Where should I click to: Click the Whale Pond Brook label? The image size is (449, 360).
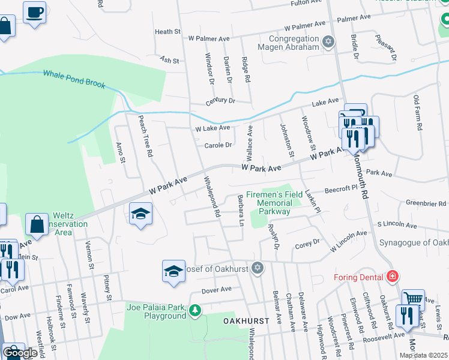[x=74, y=79]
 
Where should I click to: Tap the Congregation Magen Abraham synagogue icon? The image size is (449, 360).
[x=327, y=41]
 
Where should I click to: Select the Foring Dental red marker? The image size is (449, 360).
[x=392, y=277]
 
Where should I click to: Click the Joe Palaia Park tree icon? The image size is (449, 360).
[x=194, y=310]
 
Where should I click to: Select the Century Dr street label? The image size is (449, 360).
[x=220, y=101]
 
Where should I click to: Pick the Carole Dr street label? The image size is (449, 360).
[x=218, y=145]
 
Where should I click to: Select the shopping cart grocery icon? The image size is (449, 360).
[x=413, y=298]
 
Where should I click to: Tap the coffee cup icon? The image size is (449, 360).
[x=35, y=11]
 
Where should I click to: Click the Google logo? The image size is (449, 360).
[x=20, y=353]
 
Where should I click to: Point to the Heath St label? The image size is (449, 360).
[x=167, y=32]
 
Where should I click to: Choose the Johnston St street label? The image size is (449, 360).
[x=286, y=140]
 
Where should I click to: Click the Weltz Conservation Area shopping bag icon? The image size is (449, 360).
[x=37, y=224]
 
